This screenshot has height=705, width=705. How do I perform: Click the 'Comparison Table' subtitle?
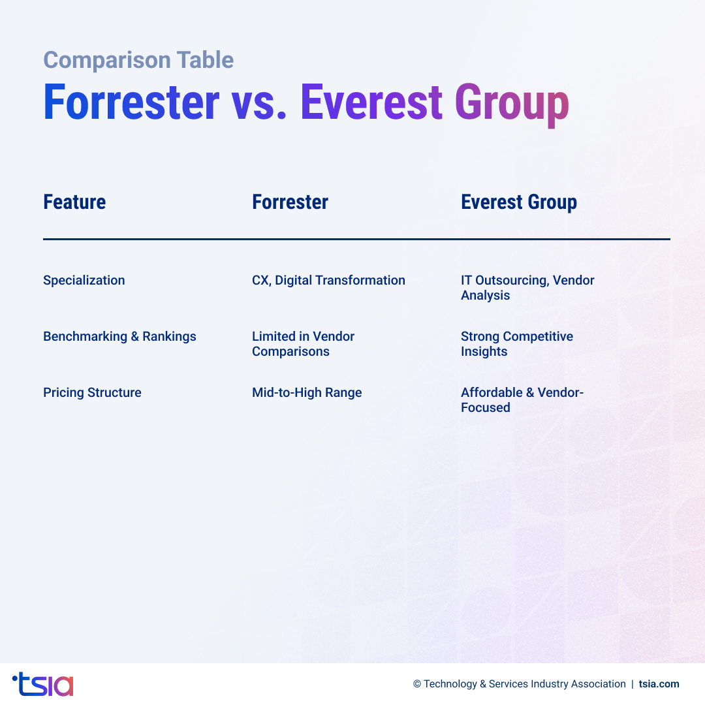coord(138,60)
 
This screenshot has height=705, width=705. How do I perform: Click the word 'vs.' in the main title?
coord(259,102)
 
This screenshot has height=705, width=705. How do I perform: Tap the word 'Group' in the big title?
coord(512,104)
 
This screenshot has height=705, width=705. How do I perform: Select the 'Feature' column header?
coord(74,202)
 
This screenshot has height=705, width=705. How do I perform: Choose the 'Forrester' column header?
coord(290,202)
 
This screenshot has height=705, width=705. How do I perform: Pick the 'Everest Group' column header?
coord(519,202)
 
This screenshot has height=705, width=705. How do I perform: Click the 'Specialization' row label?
coord(84,281)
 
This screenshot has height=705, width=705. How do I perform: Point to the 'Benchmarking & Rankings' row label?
coord(119,337)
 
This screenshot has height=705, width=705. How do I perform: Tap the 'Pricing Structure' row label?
coord(92,393)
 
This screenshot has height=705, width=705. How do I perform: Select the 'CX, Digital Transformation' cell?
coord(328,281)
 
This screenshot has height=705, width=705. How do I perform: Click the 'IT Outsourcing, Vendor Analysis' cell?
coord(527,288)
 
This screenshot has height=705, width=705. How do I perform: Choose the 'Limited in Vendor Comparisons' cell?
coord(303,344)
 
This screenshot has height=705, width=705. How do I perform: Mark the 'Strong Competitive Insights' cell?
coord(517,344)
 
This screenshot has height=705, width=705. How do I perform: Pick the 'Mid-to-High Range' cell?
coord(307,393)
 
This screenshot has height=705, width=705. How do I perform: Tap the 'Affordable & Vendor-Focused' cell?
coord(522,400)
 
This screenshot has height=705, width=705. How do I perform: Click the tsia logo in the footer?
coord(43,684)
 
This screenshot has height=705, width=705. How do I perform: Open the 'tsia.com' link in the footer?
coord(659,684)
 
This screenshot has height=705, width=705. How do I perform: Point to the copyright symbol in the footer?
coord(417,684)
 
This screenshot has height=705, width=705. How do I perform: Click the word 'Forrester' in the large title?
coord(131,102)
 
